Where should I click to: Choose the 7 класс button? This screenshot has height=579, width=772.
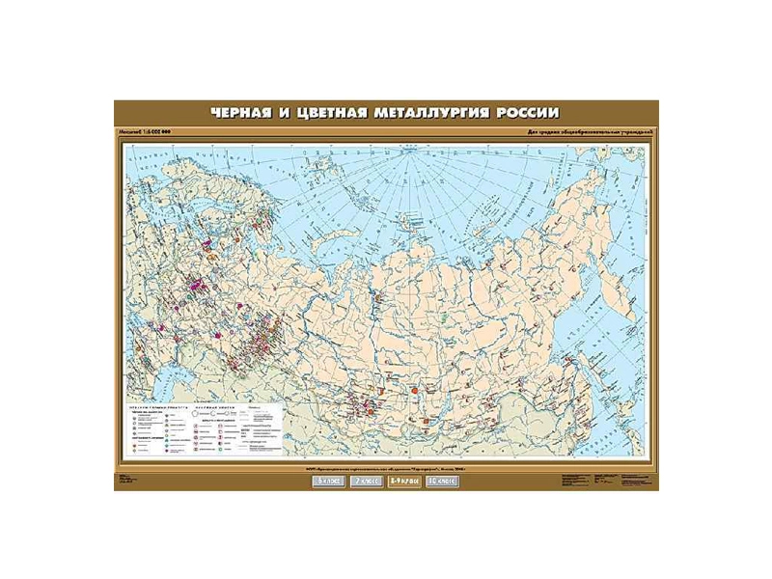tap(364, 480)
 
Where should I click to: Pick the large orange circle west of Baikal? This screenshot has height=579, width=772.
tap(415, 391)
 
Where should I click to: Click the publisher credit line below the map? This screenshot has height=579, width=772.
tap(386, 468)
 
